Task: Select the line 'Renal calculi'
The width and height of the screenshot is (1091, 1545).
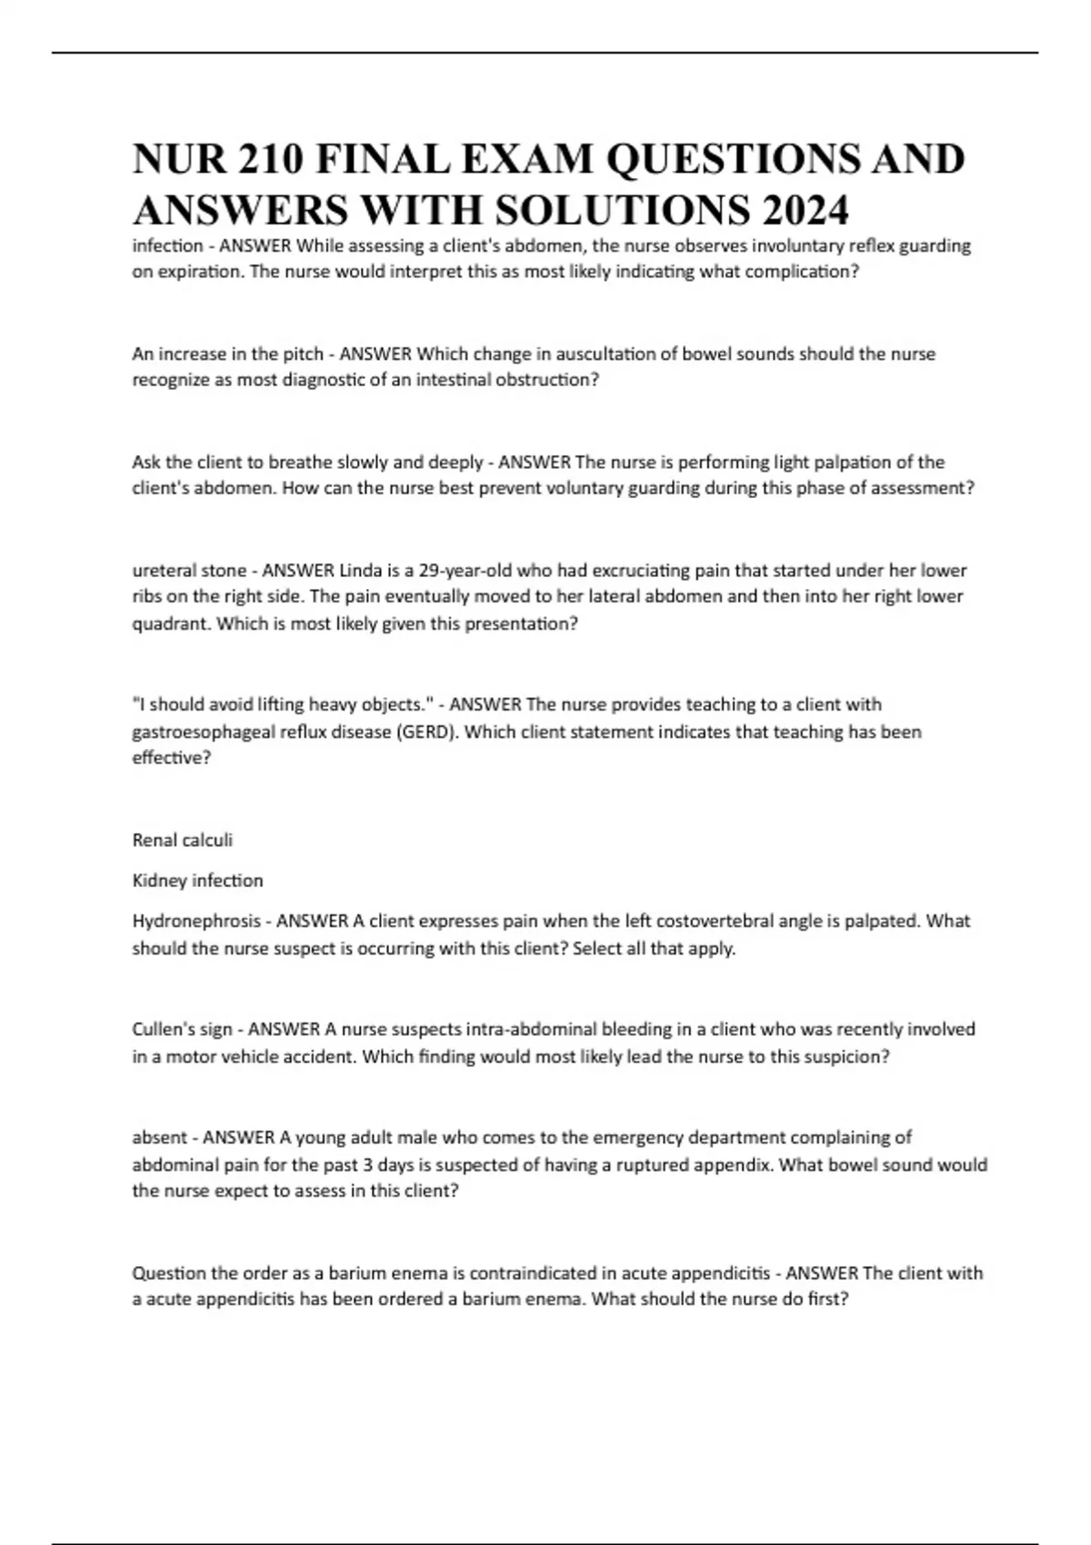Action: (183, 840)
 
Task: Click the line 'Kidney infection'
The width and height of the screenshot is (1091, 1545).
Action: (197, 880)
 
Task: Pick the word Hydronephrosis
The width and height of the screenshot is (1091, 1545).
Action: (196, 921)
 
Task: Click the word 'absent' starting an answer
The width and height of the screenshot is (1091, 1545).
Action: (160, 1137)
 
